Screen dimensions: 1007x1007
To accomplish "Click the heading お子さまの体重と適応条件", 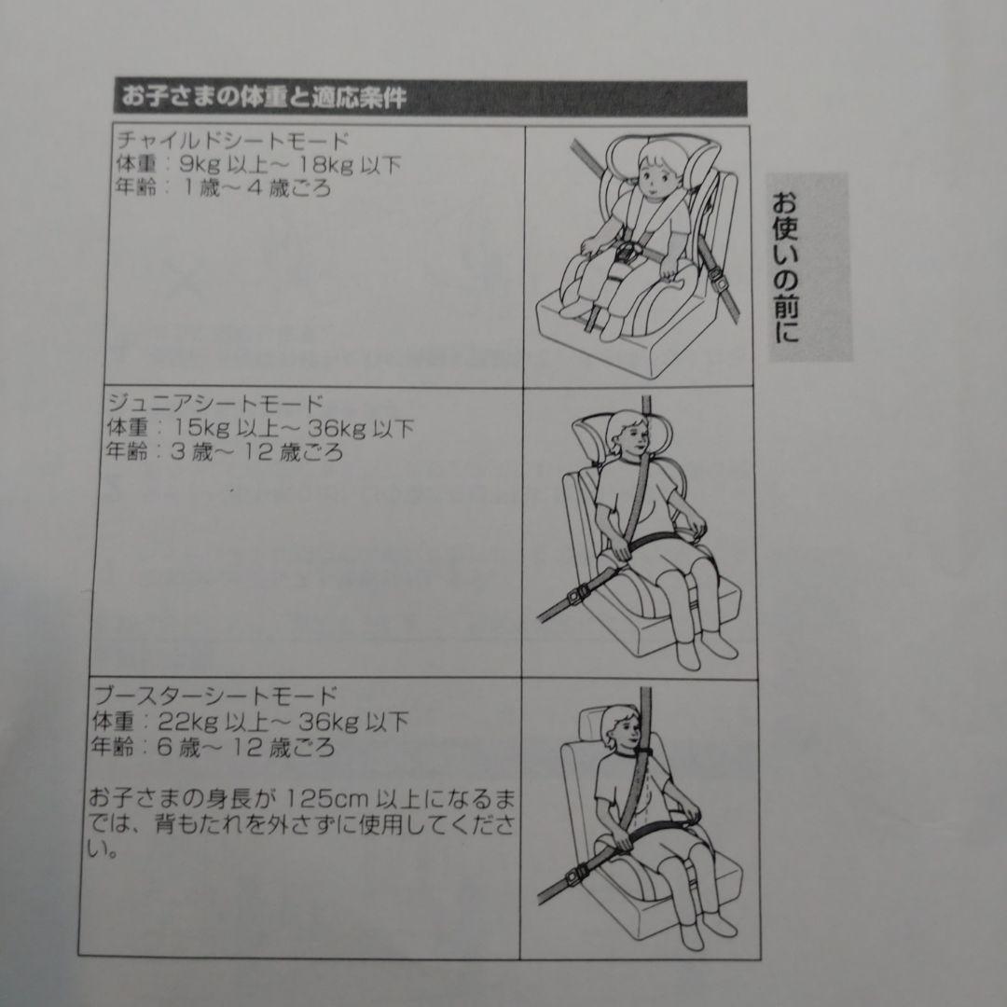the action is click(x=264, y=98).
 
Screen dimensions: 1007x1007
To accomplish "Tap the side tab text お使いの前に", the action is click(x=785, y=268).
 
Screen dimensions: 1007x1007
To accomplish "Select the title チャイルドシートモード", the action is click(x=233, y=140).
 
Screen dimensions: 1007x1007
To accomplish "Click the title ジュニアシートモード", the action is click(x=215, y=404).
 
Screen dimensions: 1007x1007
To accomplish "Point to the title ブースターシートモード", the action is click(x=214, y=696).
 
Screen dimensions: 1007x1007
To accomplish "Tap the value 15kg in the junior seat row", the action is click(x=202, y=428).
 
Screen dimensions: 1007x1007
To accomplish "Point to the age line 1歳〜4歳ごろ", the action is click(x=222, y=188).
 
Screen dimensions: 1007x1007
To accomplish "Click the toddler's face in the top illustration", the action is click(x=655, y=174).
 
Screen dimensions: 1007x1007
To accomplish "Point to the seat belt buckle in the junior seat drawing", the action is click(x=577, y=596).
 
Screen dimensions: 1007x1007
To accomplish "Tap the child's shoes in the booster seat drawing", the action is click(x=707, y=929).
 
